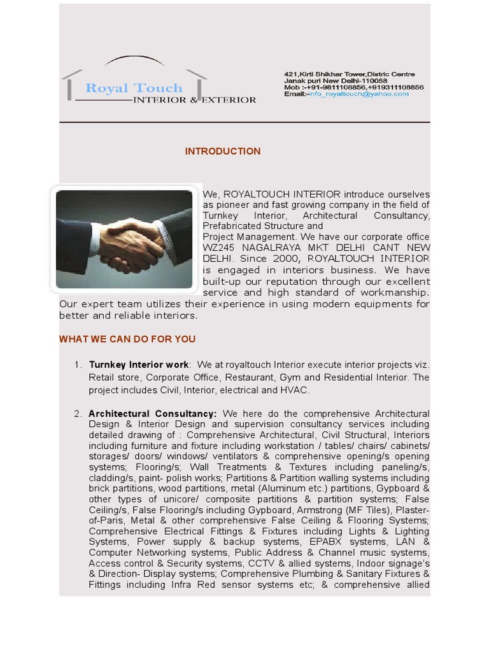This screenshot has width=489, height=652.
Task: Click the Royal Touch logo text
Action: [134, 89]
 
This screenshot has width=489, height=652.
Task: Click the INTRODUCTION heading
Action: [223, 152]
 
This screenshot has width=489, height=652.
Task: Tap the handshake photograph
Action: [124, 239]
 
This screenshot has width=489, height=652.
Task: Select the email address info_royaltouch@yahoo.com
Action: [358, 94]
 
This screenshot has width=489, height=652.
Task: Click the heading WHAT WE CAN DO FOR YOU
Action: [127, 339]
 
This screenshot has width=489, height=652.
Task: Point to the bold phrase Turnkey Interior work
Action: [139, 365]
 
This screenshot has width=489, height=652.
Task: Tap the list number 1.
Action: [78, 365]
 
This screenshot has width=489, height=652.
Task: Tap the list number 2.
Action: [78, 414]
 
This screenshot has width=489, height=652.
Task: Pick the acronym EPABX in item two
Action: [329, 542]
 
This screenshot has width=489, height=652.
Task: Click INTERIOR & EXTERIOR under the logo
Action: [194, 100]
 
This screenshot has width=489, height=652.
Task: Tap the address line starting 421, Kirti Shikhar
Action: [349, 74]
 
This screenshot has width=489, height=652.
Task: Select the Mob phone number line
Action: [353, 88]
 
